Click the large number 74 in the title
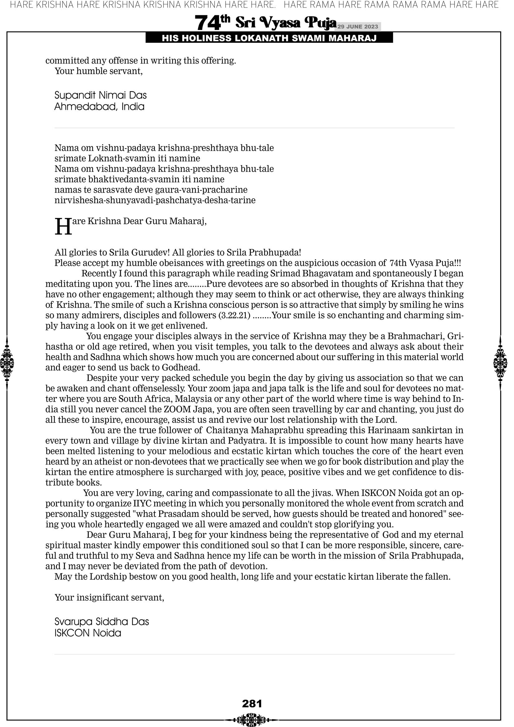click(207, 23)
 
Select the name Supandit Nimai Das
click(100, 95)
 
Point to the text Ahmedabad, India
click(99, 106)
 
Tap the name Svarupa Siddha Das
click(102, 621)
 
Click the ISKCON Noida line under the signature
click(88, 633)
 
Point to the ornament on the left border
click(7, 363)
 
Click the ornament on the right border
click(501, 363)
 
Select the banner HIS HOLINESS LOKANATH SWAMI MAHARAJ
click(269, 38)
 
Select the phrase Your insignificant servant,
click(109, 597)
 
